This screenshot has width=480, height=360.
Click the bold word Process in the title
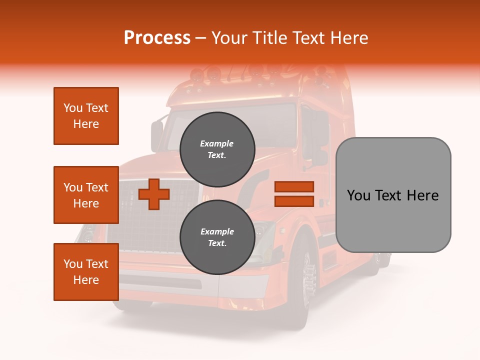click(x=157, y=38)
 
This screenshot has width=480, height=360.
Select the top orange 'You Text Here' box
click(x=86, y=116)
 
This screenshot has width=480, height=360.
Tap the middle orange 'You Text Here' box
click(x=86, y=195)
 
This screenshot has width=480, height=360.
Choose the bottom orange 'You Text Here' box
click(x=86, y=272)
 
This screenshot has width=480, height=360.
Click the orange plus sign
click(x=154, y=194)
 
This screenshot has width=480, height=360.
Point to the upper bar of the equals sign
click(x=294, y=186)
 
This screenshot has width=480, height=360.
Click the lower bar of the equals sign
click(x=294, y=201)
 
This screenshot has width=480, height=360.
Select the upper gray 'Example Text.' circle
click(x=217, y=149)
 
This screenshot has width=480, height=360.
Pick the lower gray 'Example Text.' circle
click(x=217, y=237)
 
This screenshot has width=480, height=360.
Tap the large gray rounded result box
click(x=393, y=195)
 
